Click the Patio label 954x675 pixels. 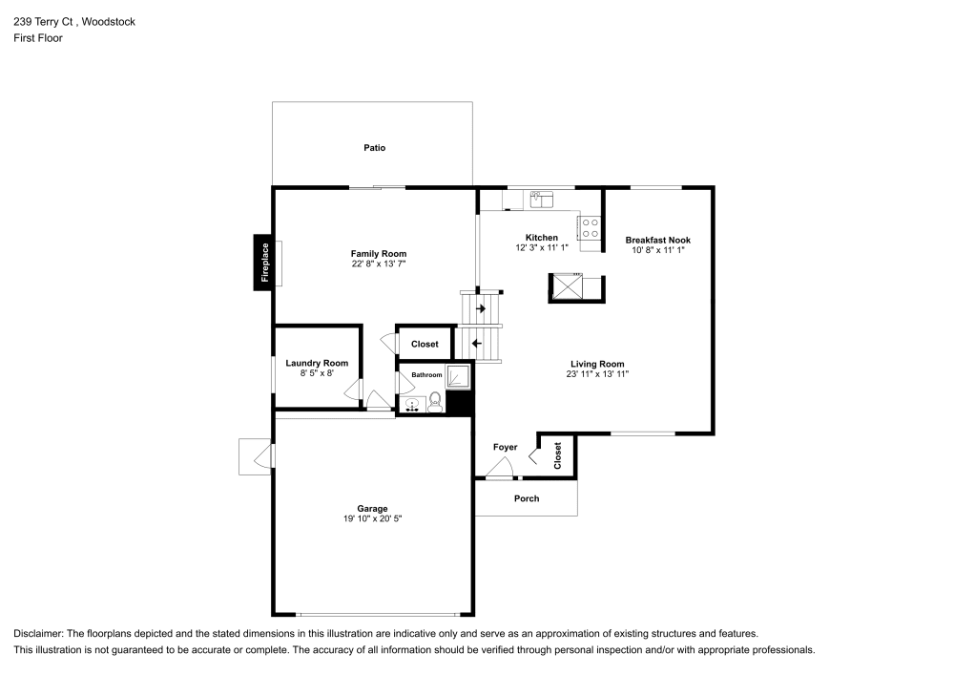tap(374, 148)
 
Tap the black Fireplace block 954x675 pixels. tap(264, 262)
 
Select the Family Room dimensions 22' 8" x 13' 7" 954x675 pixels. tap(379, 265)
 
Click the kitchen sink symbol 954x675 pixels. tap(541, 200)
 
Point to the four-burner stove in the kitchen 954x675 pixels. tap(591, 227)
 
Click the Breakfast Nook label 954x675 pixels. tap(657, 240)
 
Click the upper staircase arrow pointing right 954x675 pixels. tap(480, 308)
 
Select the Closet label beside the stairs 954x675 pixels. tap(425, 344)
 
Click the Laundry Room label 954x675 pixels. tap(317, 363)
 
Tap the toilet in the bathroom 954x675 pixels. tap(435, 401)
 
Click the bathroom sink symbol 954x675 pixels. tap(413, 405)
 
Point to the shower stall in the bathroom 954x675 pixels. tap(459, 377)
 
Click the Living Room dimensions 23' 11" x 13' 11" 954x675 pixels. tap(597, 375)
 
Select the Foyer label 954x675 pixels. tap(505, 447)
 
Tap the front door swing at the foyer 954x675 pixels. tap(499, 468)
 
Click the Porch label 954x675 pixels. tap(526, 498)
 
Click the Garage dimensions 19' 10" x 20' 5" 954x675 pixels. tap(373, 519)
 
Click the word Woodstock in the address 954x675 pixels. tap(108, 21)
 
